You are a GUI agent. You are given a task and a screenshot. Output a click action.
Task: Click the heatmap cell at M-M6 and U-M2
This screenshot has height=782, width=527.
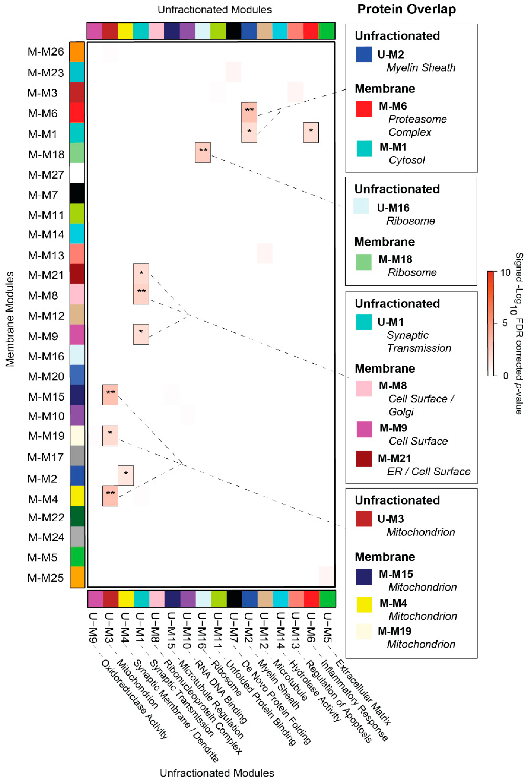tap(249, 112)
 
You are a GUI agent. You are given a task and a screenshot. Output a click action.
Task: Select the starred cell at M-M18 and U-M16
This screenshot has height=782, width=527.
tap(203, 153)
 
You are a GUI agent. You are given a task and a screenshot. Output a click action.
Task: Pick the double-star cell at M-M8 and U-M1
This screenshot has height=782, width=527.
tap(141, 294)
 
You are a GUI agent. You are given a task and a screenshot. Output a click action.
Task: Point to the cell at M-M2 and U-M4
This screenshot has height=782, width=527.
tap(126, 475)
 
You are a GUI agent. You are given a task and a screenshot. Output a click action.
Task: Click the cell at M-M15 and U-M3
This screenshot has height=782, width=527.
tap(110, 395)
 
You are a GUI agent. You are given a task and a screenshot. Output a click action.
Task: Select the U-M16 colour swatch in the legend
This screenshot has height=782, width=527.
tap(361, 206)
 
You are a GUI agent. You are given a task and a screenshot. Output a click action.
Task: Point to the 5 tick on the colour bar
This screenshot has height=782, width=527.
tap(505, 323)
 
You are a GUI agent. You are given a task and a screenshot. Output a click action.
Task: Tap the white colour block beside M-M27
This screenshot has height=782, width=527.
tap(77, 173)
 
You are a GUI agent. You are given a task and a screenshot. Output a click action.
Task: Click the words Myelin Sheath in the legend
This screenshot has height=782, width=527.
tap(421, 67)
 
